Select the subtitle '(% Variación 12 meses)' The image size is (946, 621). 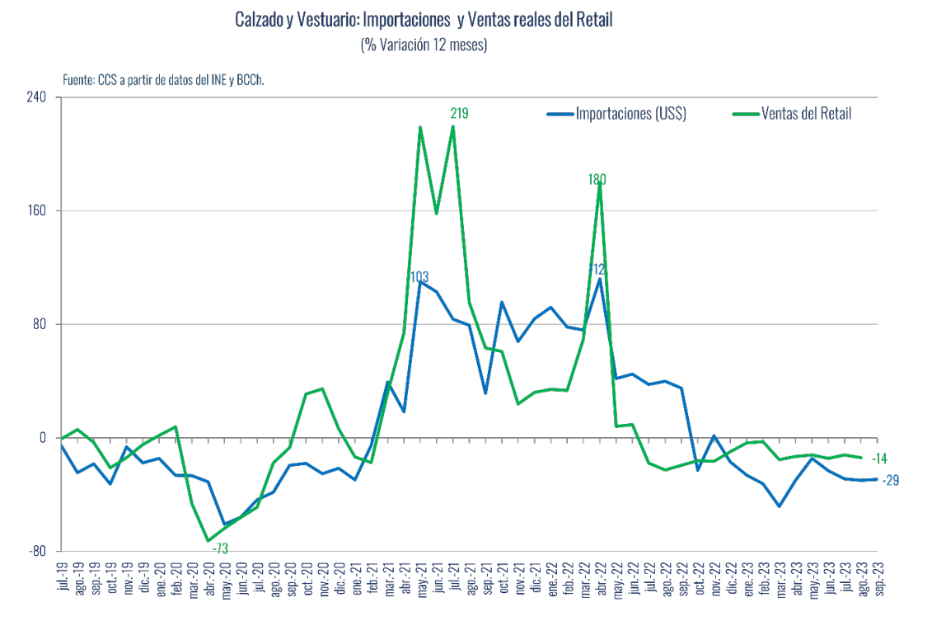coord(424,45)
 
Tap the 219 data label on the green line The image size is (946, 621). coord(459,114)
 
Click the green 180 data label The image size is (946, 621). coord(597,179)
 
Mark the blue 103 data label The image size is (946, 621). coord(419,276)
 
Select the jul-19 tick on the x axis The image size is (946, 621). coord(63,576)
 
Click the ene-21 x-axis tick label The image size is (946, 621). coord(355,576)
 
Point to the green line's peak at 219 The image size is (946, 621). coord(452,127)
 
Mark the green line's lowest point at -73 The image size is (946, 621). coord(208,541)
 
